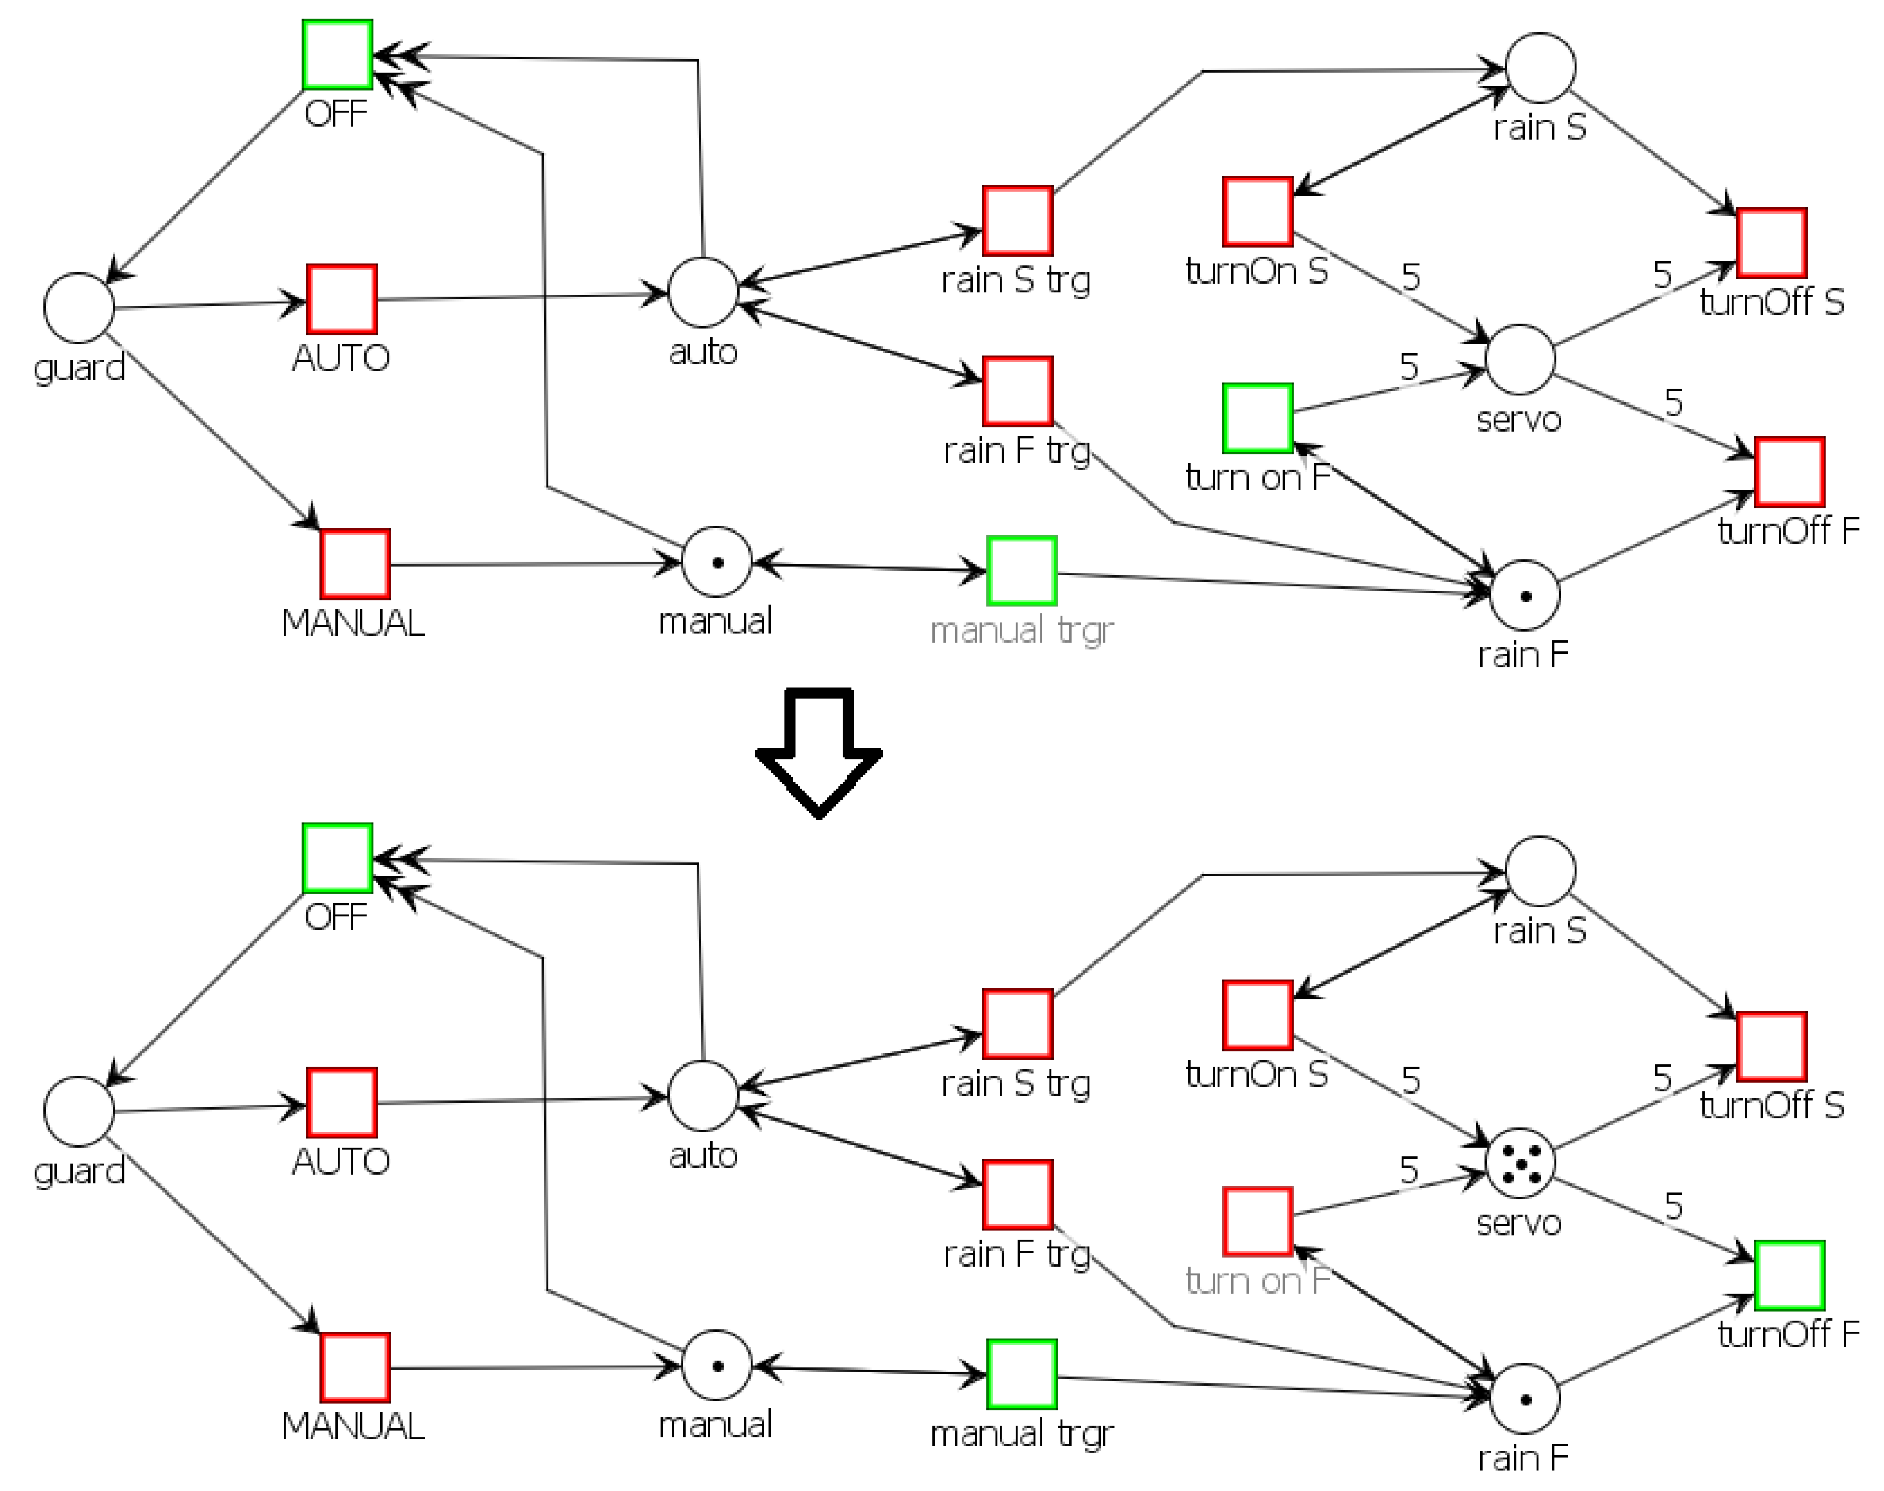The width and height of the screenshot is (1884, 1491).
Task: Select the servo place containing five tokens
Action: pyautogui.click(x=1520, y=1163)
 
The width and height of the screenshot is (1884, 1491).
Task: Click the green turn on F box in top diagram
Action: pyautogui.click(x=1257, y=418)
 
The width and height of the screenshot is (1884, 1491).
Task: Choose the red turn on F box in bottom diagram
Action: pyautogui.click(x=1257, y=1222)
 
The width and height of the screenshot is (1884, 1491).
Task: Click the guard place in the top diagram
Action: pyautogui.click(x=79, y=307)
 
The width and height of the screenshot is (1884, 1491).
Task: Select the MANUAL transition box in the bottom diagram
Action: pyautogui.click(x=355, y=1367)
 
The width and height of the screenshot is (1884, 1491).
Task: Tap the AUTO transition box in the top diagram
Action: pyautogui.click(x=342, y=299)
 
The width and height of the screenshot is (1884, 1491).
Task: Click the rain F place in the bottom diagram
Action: pyautogui.click(x=1524, y=1398)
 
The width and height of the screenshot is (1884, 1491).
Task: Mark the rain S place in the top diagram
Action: pyautogui.click(x=1540, y=68)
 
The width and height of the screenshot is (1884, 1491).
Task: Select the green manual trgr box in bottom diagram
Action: pyautogui.click(x=1021, y=1374)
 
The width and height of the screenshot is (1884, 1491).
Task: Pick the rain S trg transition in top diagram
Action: pyautogui.click(x=1017, y=220)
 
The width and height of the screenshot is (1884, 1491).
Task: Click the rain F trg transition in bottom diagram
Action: pyautogui.click(x=1017, y=1194)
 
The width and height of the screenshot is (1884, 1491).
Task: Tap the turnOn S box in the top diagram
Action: pyautogui.click(x=1257, y=211)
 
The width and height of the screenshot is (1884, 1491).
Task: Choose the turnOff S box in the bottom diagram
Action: pyautogui.click(x=1771, y=1046)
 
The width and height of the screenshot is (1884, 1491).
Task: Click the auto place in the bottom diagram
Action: pyautogui.click(x=703, y=1096)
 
